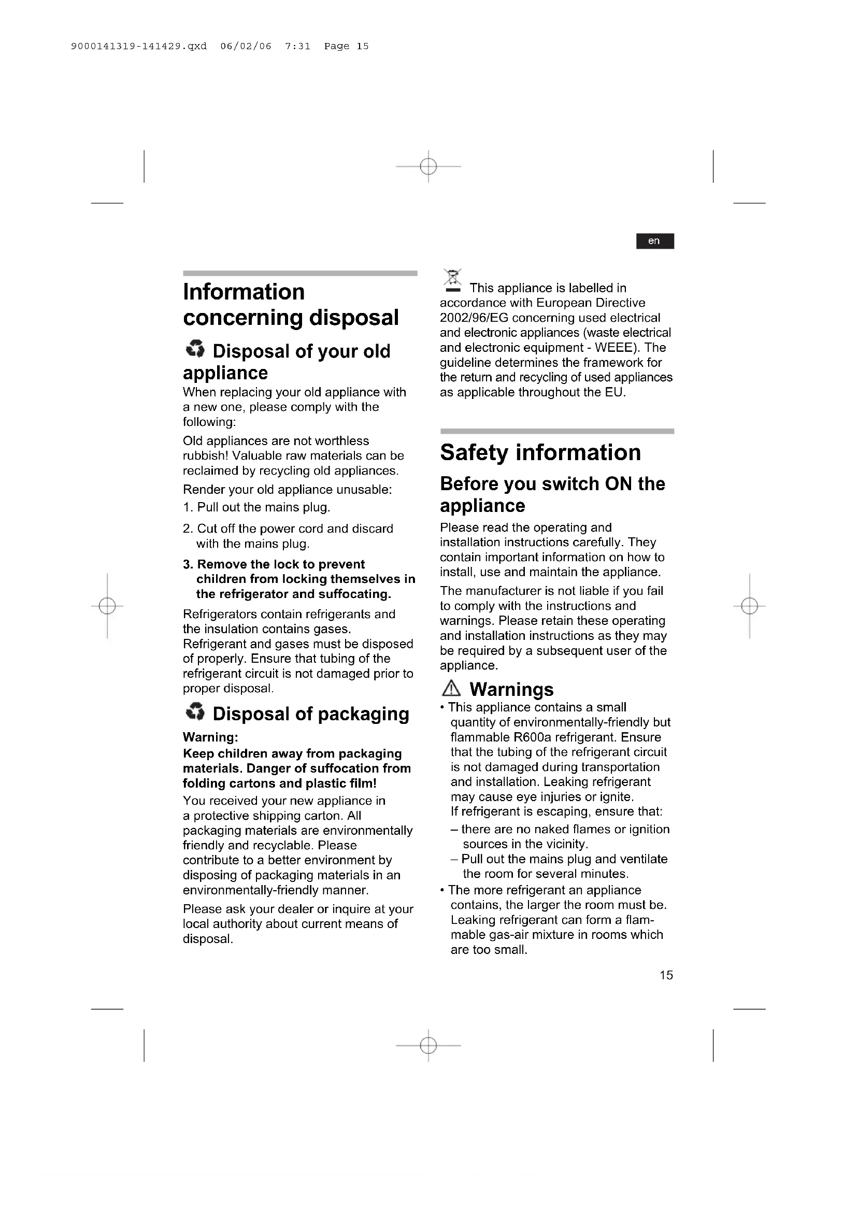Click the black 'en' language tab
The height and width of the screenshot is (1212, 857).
pyautogui.click(x=654, y=241)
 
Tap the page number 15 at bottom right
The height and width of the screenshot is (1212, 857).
pyautogui.click(x=666, y=975)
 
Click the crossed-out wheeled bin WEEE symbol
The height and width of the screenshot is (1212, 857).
pyautogui.click(x=452, y=280)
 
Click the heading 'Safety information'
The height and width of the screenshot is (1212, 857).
pyautogui.click(x=540, y=452)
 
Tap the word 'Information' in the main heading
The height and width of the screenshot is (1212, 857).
pyautogui.click(x=244, y=292)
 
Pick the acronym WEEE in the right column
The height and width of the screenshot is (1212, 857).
pyautogui.click(x=613, y=347)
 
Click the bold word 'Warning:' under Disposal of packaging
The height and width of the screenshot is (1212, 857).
pyautogui.click(x=210, y=737)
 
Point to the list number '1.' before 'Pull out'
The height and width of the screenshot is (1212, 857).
pyautogui.click(x=189, y=507)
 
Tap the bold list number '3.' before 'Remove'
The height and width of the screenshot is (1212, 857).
pyautogui.click(x=189, y=564)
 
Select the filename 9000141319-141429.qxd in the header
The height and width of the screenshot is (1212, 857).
pyautogui.click(x=139, y=47)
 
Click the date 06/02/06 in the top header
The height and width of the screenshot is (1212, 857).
pyautogui.click(x=246, y=47)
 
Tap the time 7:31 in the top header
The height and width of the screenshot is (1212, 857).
pyautogui.click(x=297, y=47)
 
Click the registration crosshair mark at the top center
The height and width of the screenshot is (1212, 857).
pyautogui.click(x=428, y=167)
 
